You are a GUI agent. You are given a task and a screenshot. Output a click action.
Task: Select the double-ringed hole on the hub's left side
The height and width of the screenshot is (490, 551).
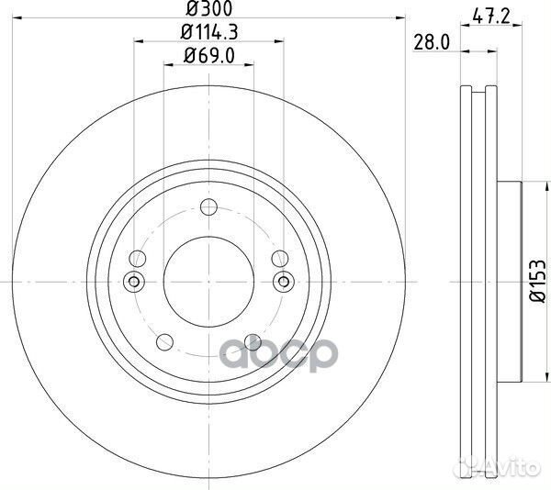133,281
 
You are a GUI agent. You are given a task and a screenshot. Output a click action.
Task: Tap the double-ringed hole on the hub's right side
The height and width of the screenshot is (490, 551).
283,281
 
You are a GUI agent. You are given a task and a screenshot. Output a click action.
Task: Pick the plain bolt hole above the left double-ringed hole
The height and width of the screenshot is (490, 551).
138,258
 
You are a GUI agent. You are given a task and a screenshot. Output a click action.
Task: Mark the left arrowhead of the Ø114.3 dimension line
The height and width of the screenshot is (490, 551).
138,40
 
